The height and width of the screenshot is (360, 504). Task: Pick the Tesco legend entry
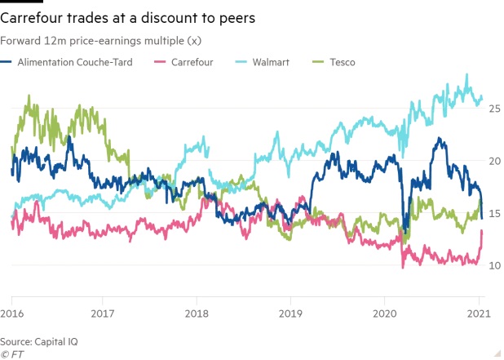tap(343, 61)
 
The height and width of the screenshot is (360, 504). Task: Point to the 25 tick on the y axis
tap(494, 108)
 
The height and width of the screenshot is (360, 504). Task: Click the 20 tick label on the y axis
tap(494, 161)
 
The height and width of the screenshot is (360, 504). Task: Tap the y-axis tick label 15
tap(494, 213)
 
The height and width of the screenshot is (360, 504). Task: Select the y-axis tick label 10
tap(494, 266)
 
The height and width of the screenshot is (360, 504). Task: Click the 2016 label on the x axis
tap(11, 313)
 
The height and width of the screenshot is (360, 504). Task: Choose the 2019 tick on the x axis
tap(290, 313)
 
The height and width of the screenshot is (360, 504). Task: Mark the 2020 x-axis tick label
tap(383, 313)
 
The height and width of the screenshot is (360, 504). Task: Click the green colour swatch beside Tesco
tap(319, 61)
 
